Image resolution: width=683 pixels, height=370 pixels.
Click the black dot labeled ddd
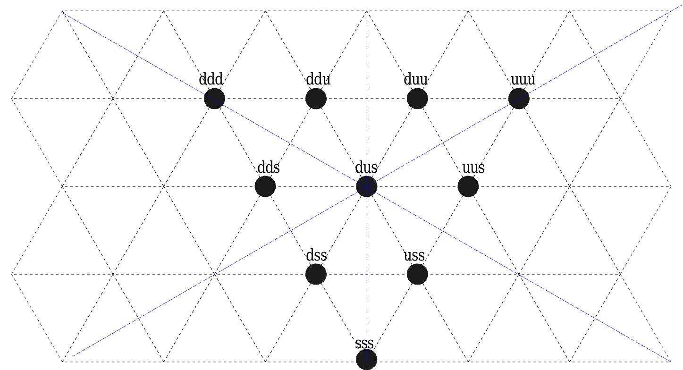pos(215,99)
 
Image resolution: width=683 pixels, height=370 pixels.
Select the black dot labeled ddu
pos(316,99)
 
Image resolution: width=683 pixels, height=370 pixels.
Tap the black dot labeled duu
pos(417,99)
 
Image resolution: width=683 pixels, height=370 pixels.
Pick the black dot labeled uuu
pos(519,99)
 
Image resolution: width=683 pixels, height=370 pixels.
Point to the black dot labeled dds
pos(265,186)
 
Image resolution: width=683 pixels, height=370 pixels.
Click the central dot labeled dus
pos(367,186)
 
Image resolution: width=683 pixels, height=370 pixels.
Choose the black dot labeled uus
pos(468,186)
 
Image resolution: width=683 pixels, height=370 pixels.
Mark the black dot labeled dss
pos(316,274)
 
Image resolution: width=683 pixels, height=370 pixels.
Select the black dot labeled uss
pos(417,274)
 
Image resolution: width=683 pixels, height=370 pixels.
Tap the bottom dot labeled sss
pos(367,360)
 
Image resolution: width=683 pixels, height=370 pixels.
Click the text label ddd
pos(211,79)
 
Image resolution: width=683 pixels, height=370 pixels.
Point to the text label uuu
pos(523,79)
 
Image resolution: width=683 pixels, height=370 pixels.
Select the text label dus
pos(366,168)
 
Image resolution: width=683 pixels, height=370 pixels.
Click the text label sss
pos(364,343)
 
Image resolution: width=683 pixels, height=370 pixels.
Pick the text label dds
pos(269,168)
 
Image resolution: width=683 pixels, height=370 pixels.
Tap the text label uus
pos(473,168)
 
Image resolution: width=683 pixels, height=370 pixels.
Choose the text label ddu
pos(318,79)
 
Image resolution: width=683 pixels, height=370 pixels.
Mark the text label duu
pos(416,79)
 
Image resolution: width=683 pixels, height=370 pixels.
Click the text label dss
pos(317,255)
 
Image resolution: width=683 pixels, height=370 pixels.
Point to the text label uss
pos(414,255)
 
